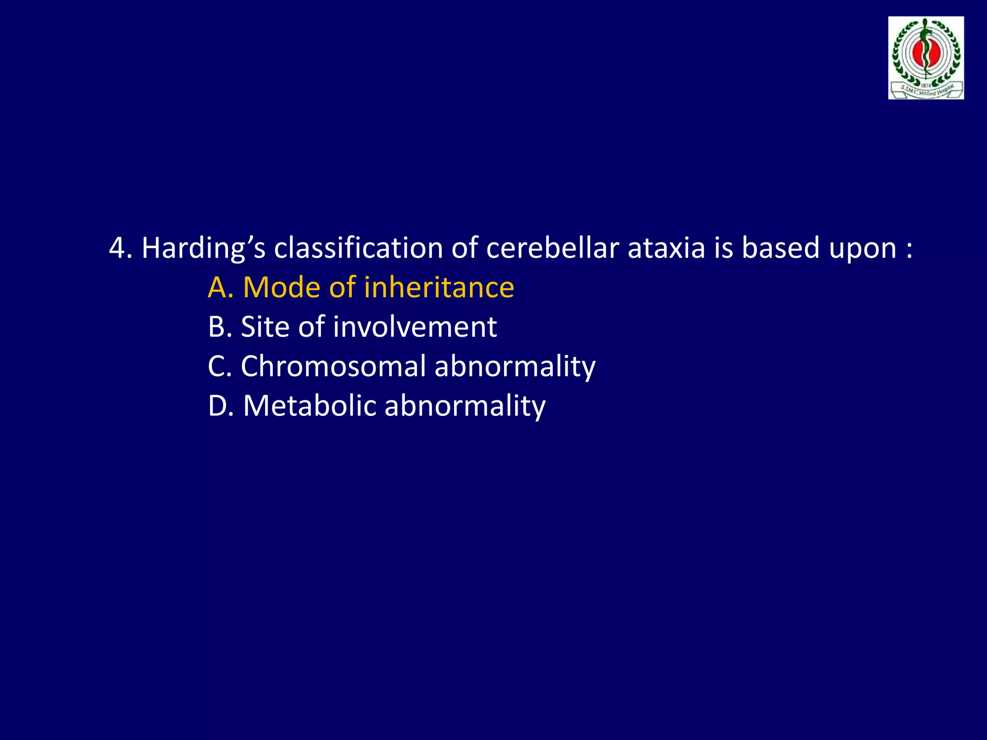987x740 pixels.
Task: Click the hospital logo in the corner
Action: [926, 58]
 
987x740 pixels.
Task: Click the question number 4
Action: [117, 248]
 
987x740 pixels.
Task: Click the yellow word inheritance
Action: [439, 288]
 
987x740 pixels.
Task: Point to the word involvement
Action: [415, 327]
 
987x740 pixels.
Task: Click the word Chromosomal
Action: [333, 367]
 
